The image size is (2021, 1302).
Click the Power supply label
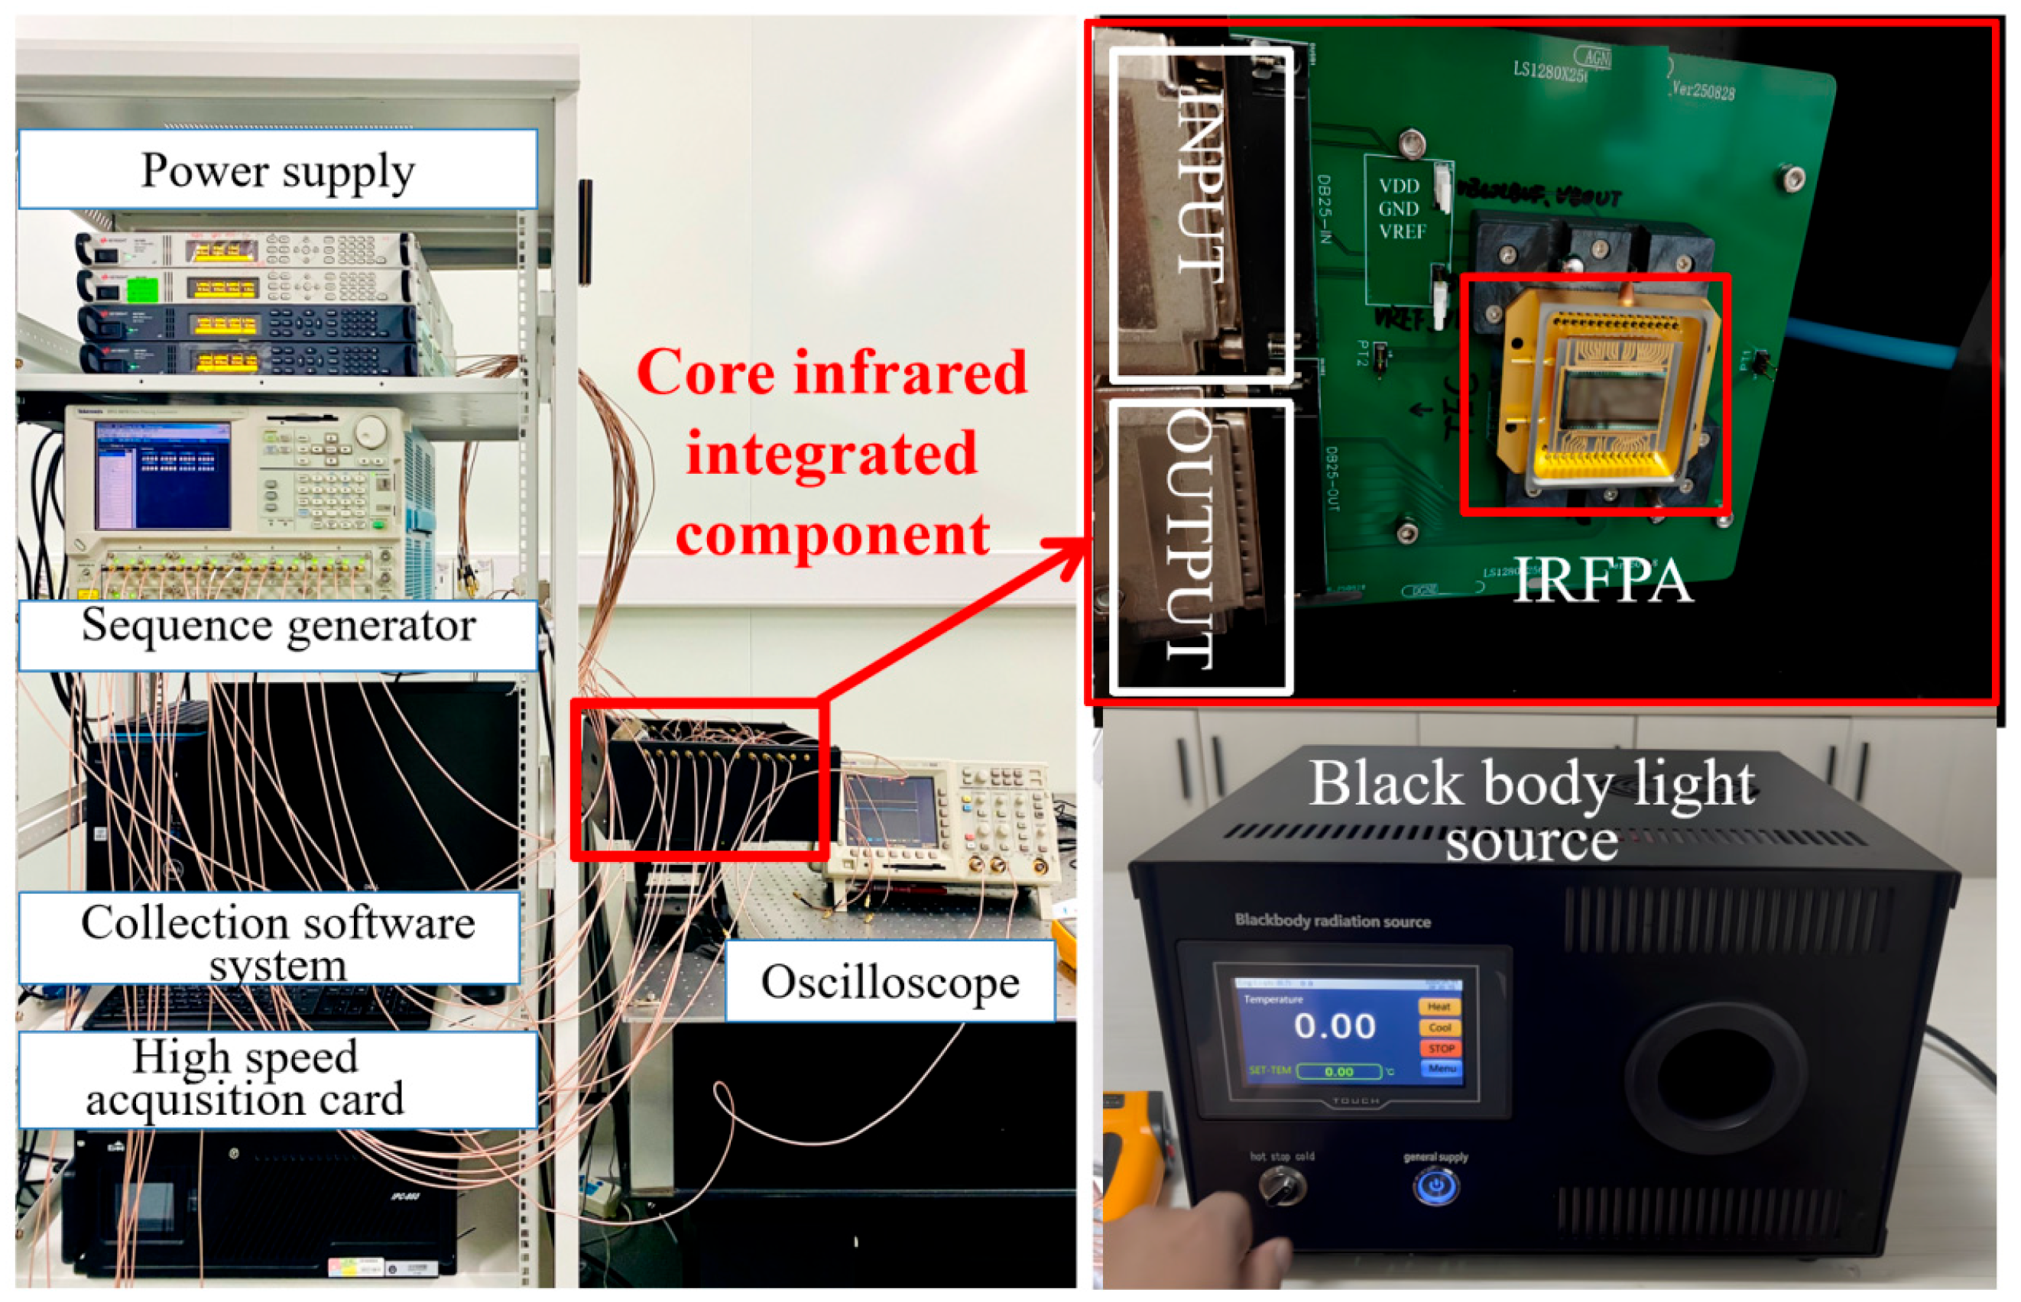point(277,170)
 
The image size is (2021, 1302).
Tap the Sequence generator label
point(277,627)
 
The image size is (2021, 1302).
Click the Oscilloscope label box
point(890,982)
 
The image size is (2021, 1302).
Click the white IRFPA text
point(1602,580)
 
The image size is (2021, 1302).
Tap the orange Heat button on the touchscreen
point(1439,1007)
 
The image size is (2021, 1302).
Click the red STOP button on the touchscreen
point(1440,1048)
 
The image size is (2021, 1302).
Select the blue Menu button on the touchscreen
point(1441,1069)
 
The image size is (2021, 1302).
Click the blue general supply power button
point(1435,1186)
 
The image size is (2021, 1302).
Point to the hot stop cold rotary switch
point(1281,1185)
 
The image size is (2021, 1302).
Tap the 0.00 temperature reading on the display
point(1335,1026)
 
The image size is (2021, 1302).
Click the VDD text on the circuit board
point(1399,186)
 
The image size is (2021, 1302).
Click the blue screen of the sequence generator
point(162,475)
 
